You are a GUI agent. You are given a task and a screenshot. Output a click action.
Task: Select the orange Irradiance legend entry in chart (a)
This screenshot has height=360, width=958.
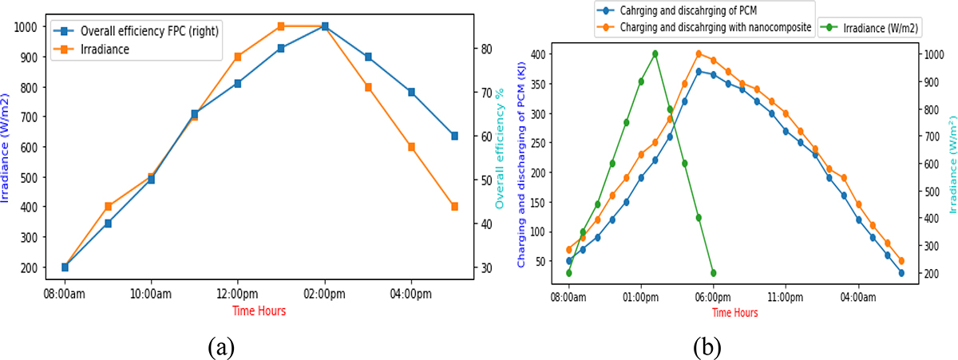coord(104,49)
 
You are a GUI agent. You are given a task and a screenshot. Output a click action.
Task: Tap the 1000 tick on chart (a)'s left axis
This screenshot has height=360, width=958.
coord(26,26)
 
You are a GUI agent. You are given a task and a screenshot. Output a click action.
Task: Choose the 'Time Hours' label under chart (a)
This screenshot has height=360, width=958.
coord(259,311)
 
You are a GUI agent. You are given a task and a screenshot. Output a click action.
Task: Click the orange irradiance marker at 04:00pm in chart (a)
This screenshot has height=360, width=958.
coord(411,147)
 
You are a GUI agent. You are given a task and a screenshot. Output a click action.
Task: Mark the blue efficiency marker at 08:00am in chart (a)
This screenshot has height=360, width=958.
coord(65,267)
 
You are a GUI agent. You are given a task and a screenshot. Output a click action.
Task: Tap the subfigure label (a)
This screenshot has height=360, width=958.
coord(221,346)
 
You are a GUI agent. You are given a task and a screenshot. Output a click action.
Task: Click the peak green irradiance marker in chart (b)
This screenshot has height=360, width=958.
coord(655,54)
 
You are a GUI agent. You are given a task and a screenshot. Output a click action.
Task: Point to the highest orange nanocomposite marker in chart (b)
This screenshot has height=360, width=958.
coord(699,54)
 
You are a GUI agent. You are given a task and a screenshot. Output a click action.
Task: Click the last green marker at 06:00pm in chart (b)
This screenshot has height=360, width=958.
coord(713,273)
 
